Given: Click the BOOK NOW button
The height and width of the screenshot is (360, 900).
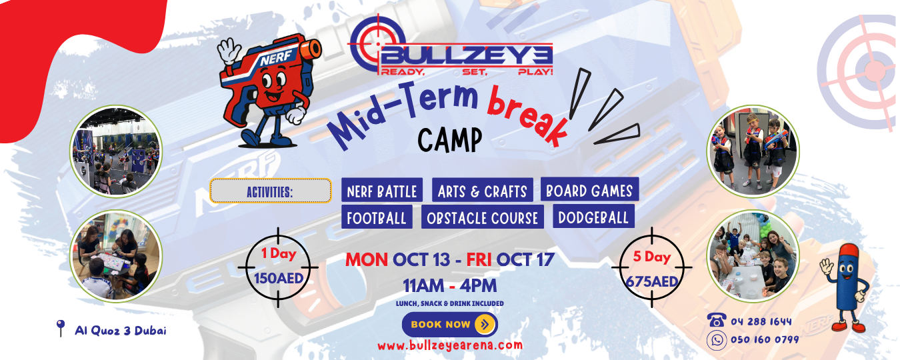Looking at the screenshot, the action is click(449, 324).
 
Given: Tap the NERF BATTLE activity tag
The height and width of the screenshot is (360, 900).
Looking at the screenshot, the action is click(382, 190).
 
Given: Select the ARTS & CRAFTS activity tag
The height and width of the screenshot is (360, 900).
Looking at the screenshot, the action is click(482, 190).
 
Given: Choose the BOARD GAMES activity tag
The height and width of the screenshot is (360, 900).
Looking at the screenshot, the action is click(589, 189).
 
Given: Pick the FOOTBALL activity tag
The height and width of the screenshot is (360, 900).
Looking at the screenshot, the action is click(377, 217).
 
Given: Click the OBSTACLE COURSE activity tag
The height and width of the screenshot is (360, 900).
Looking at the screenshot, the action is click(482, 217).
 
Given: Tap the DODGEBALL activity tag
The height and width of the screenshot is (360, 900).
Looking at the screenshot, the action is click(593, 216).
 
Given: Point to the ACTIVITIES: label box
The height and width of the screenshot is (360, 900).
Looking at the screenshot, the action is click(271, 191).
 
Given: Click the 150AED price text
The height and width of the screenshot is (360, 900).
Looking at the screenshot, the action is click(279, 278).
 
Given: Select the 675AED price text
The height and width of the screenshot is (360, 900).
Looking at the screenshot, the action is click(652, 281).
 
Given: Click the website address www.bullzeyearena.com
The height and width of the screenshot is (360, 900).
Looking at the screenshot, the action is click(450, 345).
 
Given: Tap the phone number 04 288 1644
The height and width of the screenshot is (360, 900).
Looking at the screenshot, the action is click(761, 321).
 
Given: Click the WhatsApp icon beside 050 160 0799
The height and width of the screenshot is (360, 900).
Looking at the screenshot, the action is click(717, 340).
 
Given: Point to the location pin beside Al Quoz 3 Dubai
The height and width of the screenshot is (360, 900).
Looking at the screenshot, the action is click(60, 328).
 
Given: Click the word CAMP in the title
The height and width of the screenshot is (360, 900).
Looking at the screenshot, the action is click(449, 140).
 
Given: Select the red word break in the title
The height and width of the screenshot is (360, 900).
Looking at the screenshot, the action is click(527, 115).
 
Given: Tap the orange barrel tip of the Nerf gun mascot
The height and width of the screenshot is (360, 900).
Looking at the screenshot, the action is click(311, 50).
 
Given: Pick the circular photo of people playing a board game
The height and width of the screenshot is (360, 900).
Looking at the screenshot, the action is click(116, 256).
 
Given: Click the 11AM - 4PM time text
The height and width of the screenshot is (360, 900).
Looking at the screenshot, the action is click(449, 286).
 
